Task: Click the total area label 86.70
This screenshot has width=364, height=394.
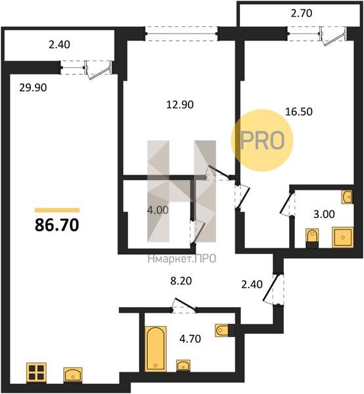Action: point(57,225)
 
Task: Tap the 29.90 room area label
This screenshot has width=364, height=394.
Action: point(33,88)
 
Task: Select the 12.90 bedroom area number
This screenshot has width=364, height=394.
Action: point(180,104)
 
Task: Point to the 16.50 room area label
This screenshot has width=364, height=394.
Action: point(299,112)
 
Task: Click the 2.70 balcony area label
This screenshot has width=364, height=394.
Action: point(302,13)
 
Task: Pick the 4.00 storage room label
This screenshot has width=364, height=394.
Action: point(158,210)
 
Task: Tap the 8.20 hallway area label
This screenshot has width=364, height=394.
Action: point(181,281)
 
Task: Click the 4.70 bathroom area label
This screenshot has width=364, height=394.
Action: point(190,339)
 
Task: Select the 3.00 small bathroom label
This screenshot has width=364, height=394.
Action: point(324,214)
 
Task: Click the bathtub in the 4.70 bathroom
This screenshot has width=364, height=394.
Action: point(156,349)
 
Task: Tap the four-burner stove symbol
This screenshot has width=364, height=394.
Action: point(36,372)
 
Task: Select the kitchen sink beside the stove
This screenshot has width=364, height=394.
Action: point(73,375)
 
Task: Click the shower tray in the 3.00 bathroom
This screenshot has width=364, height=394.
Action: point(342,237)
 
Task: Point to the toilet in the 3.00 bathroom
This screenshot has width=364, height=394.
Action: point(312,238)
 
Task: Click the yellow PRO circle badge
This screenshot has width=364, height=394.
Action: point(262,141)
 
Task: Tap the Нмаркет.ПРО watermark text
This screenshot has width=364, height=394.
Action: point(182,259)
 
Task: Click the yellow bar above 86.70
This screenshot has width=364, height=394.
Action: point(57,210)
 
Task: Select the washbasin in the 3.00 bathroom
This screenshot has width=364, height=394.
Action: point(347,197)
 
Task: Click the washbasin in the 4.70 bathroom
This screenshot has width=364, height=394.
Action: point(183,366)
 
